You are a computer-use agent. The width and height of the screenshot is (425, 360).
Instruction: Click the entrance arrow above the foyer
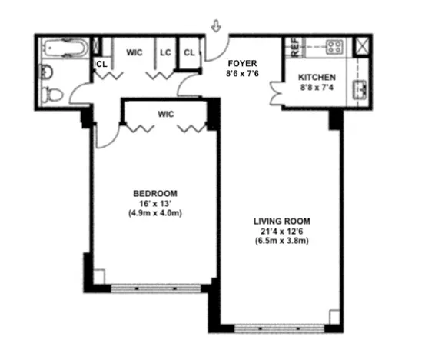click(x=216, y=28)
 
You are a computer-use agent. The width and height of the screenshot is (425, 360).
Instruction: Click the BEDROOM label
click(x=155, y=193)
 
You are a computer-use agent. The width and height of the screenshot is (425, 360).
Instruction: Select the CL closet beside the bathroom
click(x=101, y=65)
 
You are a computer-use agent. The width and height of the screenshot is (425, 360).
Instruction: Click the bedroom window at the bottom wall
click(x=156, y=288)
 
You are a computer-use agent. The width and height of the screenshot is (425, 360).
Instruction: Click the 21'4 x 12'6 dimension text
click(x=282, y=231)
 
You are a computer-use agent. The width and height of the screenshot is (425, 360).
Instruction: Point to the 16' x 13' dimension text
click(x=155, y=203)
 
